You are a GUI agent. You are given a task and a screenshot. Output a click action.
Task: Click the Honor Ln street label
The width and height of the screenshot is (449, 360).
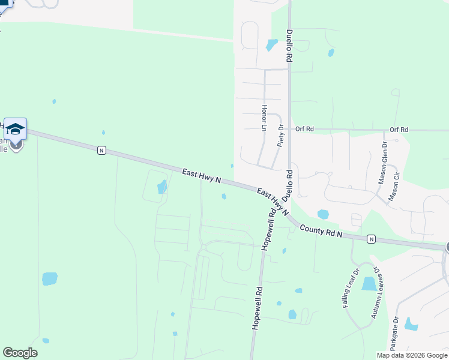(263, 118)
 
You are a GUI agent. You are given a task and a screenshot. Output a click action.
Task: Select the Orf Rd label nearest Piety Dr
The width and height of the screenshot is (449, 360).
(305, 129)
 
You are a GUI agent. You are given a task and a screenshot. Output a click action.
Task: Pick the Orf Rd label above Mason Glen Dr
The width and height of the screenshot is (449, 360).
(399, 130)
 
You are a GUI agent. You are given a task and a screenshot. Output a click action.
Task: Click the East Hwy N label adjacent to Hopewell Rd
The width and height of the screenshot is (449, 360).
(272, 202)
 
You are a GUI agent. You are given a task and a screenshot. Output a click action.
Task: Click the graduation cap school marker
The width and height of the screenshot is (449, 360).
(15, 128)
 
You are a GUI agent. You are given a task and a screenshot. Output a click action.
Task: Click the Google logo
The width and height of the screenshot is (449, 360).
(20, 353)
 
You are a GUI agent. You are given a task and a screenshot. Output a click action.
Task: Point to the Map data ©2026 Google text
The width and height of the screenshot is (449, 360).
(411, 355)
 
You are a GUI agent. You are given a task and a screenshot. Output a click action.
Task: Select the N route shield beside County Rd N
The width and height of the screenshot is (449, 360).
(371, 239)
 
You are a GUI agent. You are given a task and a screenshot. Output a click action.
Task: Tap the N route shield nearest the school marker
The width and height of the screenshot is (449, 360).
(102, 150)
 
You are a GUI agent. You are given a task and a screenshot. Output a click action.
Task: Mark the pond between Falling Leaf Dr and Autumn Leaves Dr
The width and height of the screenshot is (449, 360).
(369, 284)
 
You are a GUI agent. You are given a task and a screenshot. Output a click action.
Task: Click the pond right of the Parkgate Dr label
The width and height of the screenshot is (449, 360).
(411, 324)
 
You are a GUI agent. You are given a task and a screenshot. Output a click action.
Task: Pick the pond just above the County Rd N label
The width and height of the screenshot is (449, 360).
(323, 214)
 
